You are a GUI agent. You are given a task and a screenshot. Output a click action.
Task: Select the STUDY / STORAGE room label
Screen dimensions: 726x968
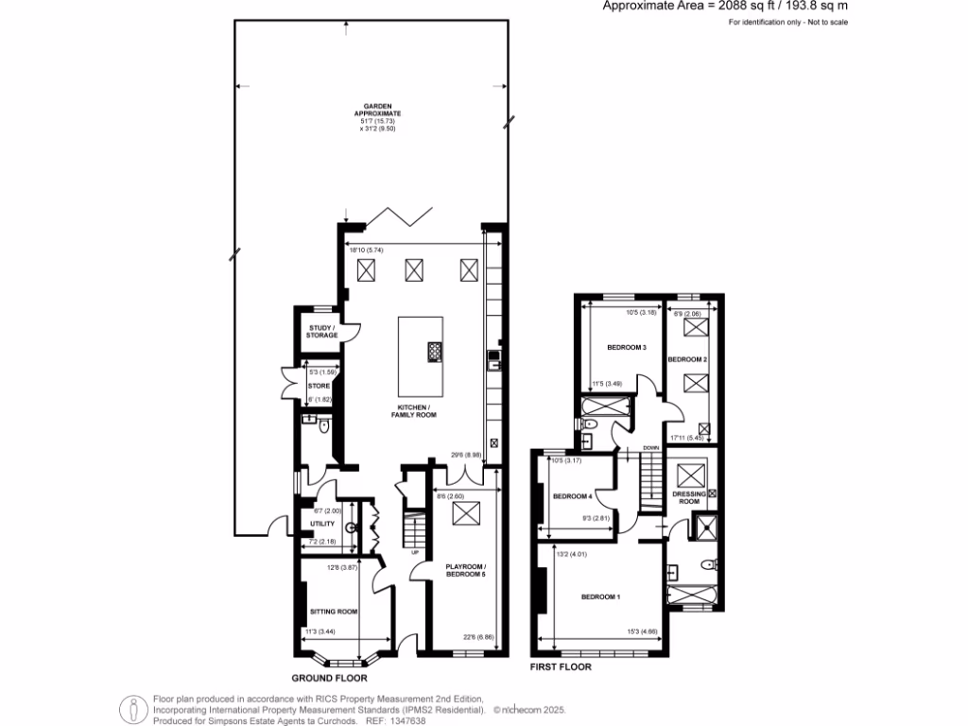321,332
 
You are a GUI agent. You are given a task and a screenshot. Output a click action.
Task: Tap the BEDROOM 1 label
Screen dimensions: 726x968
600,596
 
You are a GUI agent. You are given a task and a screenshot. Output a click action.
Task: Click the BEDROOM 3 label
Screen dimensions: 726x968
626,348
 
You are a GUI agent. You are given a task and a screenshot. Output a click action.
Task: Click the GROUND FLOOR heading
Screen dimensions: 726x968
329,678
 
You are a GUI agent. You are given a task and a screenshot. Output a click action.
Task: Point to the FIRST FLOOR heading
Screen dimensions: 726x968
562,666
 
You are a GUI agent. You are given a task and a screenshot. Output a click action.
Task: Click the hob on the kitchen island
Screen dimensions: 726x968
434,352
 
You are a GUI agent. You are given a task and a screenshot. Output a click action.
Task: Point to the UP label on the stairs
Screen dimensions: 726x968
414,552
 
